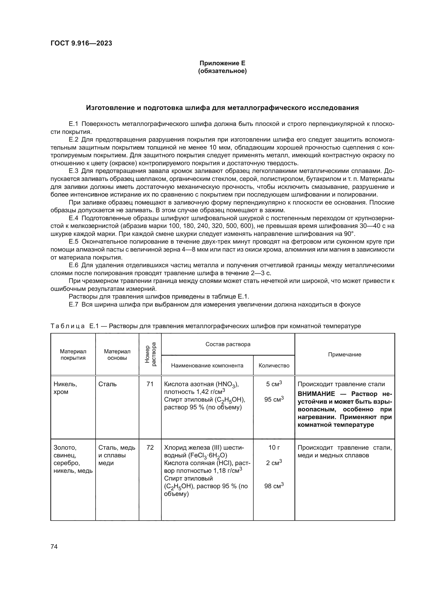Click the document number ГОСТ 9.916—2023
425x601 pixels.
pyautogui.click(x=81, y=43)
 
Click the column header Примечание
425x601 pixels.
pyautogui.click(x=344, y=354)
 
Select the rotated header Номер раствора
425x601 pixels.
pyautogui.click(x=150, y=354)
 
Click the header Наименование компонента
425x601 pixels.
pyautogui.click(x=207, y=365)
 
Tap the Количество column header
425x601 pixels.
pyautogui.click(x=274, y=365)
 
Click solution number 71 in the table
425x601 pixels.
pyautogui.click(x=150, y=384)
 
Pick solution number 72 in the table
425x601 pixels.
pyautogui.click(x=150, y=448)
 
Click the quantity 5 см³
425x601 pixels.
pyautogui.click(x=274, y=384)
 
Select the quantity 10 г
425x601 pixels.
pyautogui.click(x=274, y=448)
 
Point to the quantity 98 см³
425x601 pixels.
pyautogui.click(x=274, y=486)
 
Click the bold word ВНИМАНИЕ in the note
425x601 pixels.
pyautogui.click(x=316, y=394)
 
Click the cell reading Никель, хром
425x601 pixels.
pyautogui.click(x=65, y=388)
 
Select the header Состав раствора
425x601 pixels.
pyautogui.click(x=228, y=344)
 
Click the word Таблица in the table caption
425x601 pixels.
pyautogui.click(x=68, y=326)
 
